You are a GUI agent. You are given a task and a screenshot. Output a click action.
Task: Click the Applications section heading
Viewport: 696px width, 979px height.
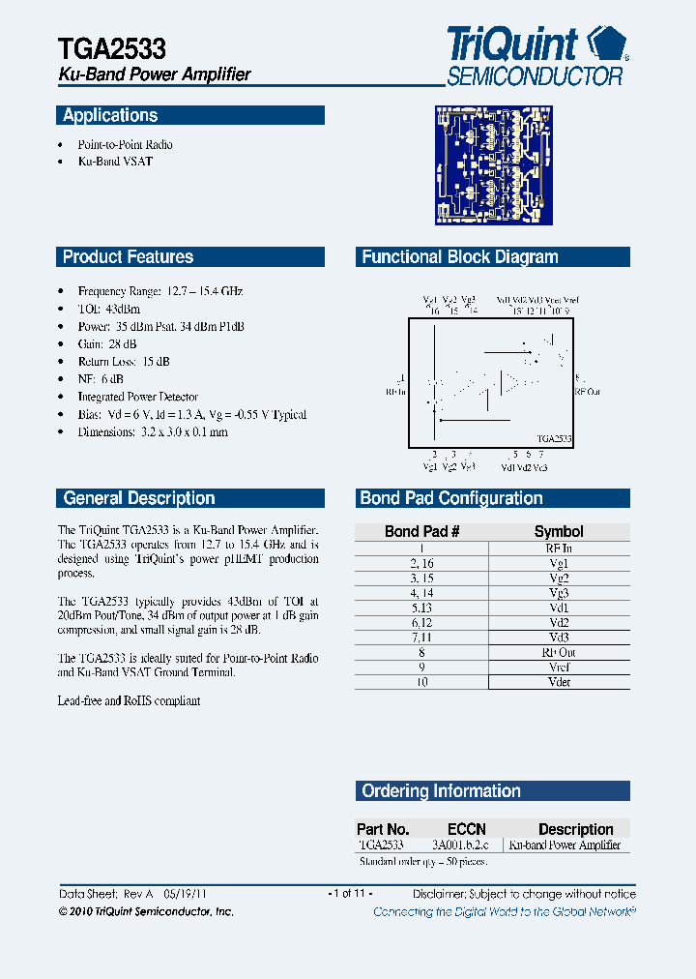click(110, 116)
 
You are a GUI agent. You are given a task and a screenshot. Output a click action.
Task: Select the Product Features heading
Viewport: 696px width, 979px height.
click(128, 257)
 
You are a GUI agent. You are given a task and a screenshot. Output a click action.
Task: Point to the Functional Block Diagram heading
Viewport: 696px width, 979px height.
click(459, 257)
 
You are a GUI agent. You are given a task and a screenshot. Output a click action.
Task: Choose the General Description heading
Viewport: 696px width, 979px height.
click(138, 499)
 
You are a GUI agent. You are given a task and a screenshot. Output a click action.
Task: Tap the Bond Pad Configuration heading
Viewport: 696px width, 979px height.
click(450, 499)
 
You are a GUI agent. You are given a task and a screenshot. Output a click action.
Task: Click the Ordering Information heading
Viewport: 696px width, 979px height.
click(441, 791)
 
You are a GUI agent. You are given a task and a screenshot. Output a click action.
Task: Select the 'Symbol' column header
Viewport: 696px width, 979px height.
click(559, 531)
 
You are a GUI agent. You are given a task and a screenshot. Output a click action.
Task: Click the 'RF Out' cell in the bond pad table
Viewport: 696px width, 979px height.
click(559, 653)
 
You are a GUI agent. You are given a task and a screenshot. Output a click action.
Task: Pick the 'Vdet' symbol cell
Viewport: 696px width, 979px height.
click(559, 682)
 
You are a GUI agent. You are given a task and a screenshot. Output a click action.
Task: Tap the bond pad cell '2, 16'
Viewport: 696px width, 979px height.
click(421, 562)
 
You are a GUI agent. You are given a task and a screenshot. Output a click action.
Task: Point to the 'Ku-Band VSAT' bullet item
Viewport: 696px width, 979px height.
click(115, 162)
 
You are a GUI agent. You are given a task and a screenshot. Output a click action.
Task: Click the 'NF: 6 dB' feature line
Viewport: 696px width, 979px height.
click(101, 379)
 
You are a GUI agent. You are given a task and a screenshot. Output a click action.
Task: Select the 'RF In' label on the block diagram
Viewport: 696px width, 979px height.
click(396, 392)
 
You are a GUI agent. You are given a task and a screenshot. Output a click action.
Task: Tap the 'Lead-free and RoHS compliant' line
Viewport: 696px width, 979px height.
click(129, 700)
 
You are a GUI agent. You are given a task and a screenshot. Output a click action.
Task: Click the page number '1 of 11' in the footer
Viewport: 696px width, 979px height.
click(350, 894)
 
